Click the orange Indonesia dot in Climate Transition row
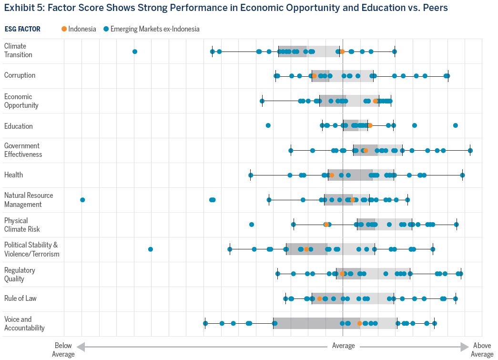click(x=342, y=51)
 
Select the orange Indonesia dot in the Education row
click(x=370, y=125)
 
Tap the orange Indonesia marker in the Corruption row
click(x=314, y=76)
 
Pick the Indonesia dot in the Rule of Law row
click(x=319, y=299)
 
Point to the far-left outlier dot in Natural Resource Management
click(x=82, y=200)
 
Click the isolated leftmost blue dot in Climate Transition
click(x=135, y=51)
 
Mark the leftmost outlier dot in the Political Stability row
click(x=151, y=249)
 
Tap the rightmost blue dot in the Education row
click(x=456, y=125)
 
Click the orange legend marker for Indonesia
click(x=64, y=29)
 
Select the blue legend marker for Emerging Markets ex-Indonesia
click(x=106, y=29)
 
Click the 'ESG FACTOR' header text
click(x=22, y=29)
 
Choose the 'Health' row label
click(x=13, y=175)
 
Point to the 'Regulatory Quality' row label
click(x=20, y=274)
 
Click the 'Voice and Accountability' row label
click(x=24, y=324)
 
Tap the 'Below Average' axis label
click(x=63, y=350)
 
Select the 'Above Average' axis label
click(x=482, y=350)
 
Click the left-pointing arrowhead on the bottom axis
click(x=80, y=346)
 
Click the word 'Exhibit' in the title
click(x=18, y=8)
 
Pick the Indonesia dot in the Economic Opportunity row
click(x=376, y=101)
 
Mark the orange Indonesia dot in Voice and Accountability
click(x=359, y=324)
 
